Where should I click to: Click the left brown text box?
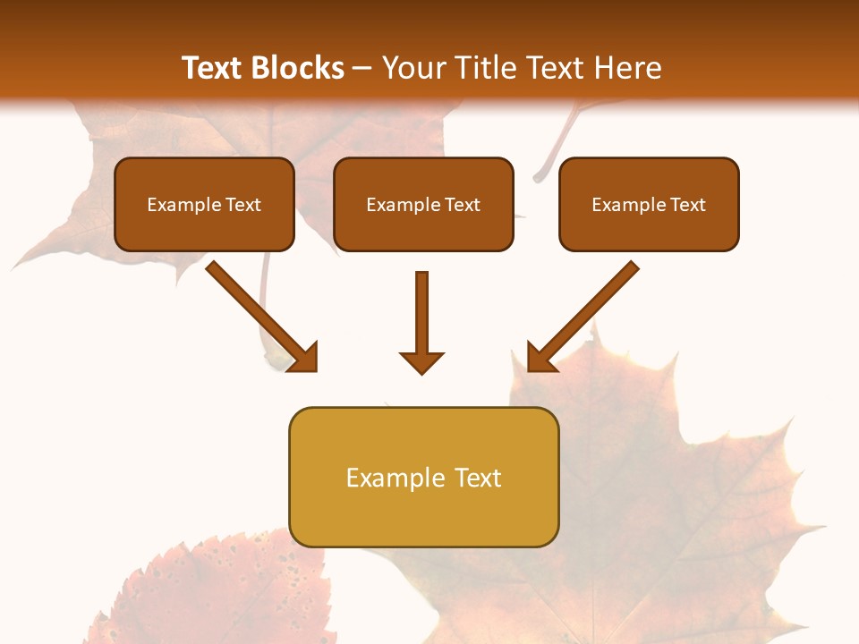[x=204, y=205]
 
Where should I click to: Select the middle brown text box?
[x=423, y=205]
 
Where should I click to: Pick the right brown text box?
[x=649, y=205]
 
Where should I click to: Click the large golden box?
[x=423, y=477]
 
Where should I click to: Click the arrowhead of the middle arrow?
[x=422, y=361]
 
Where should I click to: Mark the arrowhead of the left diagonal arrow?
[x=304, y=358]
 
